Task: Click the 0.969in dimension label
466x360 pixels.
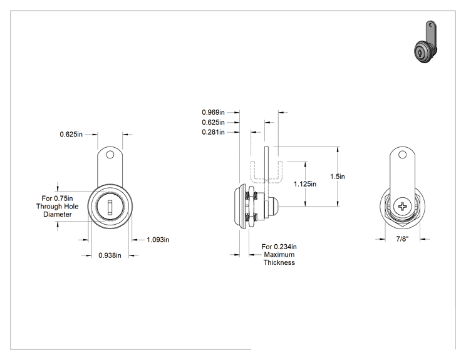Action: (x=213, y=112)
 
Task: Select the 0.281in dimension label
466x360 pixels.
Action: (x=213, y=132)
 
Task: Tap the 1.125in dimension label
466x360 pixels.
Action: (x=305, y=184)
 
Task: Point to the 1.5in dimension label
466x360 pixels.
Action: (x=338, y=177)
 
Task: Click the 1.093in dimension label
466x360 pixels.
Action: (x=158, y=240)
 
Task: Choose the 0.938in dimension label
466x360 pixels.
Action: (x=110, y=255)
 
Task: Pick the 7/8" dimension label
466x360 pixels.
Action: (x=402, y=239)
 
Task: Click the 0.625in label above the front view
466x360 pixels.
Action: (x=71, y=134)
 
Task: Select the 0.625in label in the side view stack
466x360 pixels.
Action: (x=213, y=122)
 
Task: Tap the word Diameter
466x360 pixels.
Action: (x=58, y=215)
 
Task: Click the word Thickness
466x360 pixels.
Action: (x=279, y=262)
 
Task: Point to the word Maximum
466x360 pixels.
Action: (x=279, y=255)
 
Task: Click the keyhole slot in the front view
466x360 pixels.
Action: (x=110, y=207)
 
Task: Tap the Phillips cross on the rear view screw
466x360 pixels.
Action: (x=402, y=207)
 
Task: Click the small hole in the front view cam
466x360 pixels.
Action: (x=110, y=155)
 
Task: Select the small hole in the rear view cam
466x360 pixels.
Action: (x=402, y=155)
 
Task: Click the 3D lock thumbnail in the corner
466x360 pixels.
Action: (x=425, y=42)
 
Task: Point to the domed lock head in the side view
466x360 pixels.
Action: (x=239, y=207)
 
